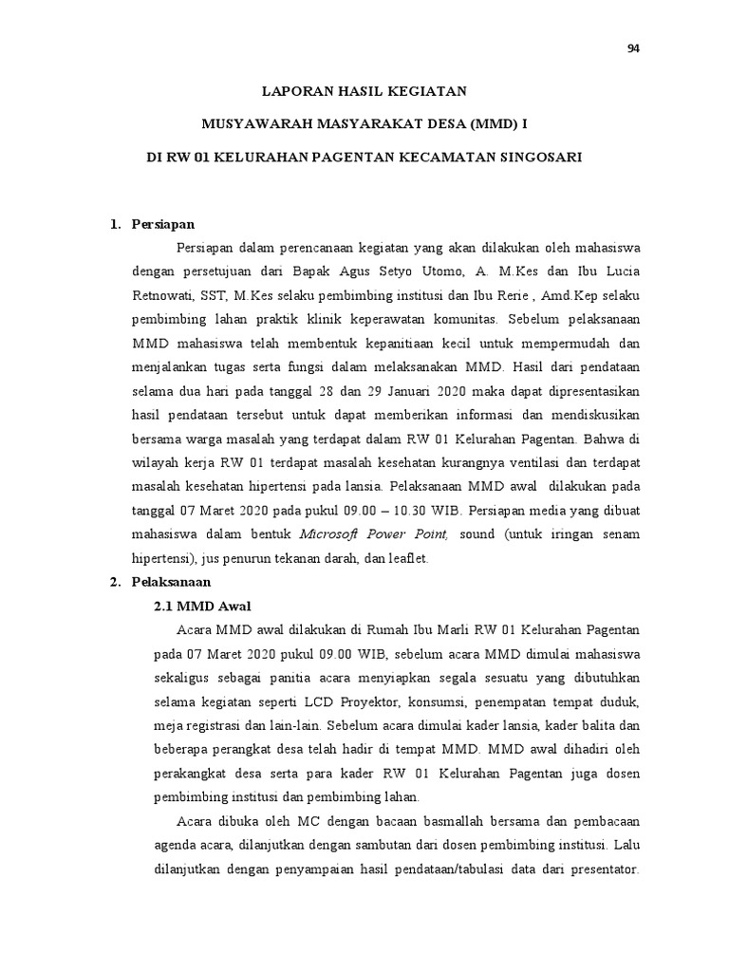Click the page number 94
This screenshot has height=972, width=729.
(633, 50)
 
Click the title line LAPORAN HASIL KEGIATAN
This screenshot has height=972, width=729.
(364, 91)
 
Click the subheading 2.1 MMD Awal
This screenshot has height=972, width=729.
(202, 606)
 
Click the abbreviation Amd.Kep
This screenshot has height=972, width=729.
(562, 294)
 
